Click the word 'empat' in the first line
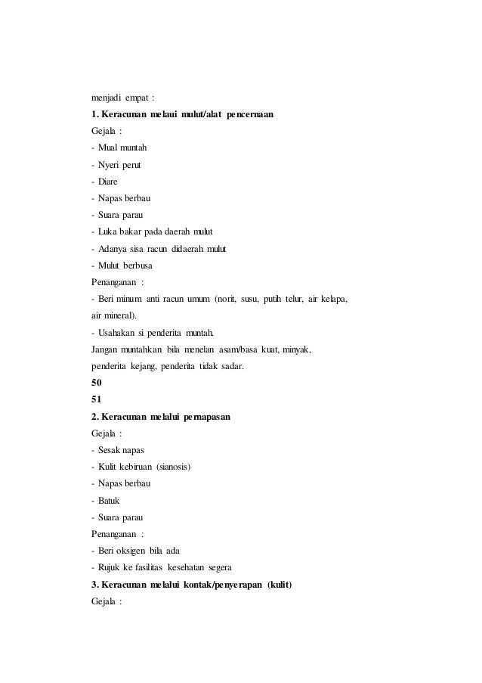pos(142,98)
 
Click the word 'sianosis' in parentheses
pos(172,467)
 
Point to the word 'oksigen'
pos(134,550)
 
